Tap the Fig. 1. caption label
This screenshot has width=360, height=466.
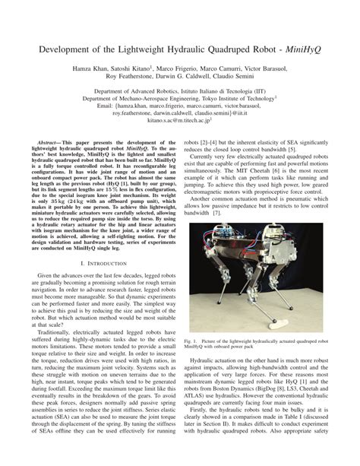point(192,342)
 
